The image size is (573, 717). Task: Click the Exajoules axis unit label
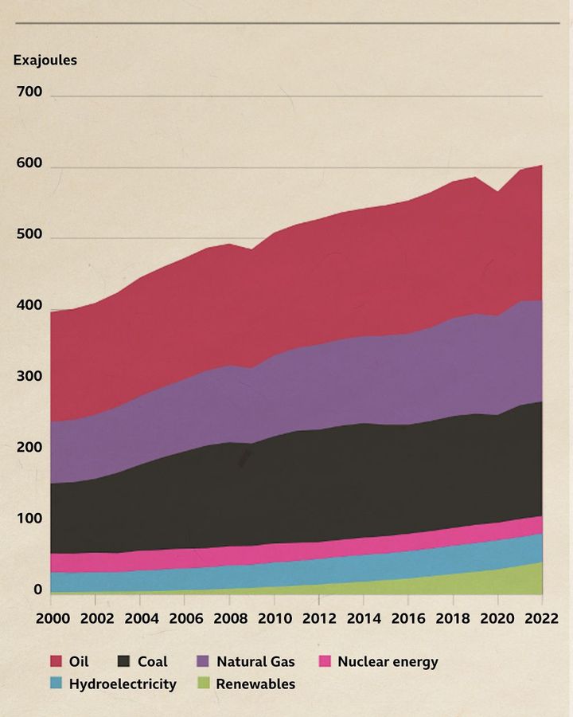click(45, 60)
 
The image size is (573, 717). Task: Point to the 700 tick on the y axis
click(29, 92)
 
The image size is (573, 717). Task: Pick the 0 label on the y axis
click(37, 590)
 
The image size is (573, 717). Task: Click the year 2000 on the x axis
click(49, 618)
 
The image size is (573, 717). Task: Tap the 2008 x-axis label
click(228, 618)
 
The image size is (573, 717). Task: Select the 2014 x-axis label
click(363, 618)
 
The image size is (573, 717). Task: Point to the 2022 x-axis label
click(541, 618)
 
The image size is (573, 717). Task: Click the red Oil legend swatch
click(57, 661)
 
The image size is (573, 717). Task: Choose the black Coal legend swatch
click(124, 661)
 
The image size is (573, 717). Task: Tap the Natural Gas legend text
click(255, 661)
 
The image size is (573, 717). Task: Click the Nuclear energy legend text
click(388, 661)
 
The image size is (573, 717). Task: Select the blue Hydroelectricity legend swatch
click(57, 684)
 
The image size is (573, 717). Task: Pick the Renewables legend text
click(255, 684)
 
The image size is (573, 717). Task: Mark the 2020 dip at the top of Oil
click(497, 192)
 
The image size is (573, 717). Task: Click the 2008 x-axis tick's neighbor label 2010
click(273, 618)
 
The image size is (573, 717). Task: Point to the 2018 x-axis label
click(452, 618)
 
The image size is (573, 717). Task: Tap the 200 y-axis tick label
click(29, 448)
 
